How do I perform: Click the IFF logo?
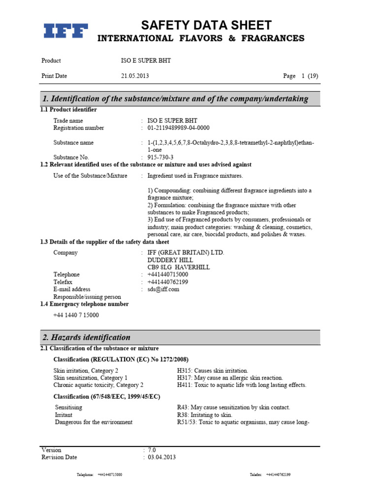pos(66,31)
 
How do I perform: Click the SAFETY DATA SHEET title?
pos(206,25)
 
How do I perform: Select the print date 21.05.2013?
pos(135,76)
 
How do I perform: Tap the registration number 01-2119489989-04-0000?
pos(182,128)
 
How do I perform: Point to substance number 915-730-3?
pos(161,157)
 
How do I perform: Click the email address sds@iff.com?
pos(163,289)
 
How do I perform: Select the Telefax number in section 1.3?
pos(167,282)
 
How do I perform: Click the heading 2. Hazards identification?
pos(87,338)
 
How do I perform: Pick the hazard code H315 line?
pos(213,371)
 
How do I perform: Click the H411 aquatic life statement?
pos(241,385)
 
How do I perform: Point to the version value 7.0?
pos(152,450)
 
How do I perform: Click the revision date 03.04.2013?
pos(161,457)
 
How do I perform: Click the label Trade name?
pos(68,121)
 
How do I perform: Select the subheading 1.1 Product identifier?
pos(68,109)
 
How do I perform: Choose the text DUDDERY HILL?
pos(170,260)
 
